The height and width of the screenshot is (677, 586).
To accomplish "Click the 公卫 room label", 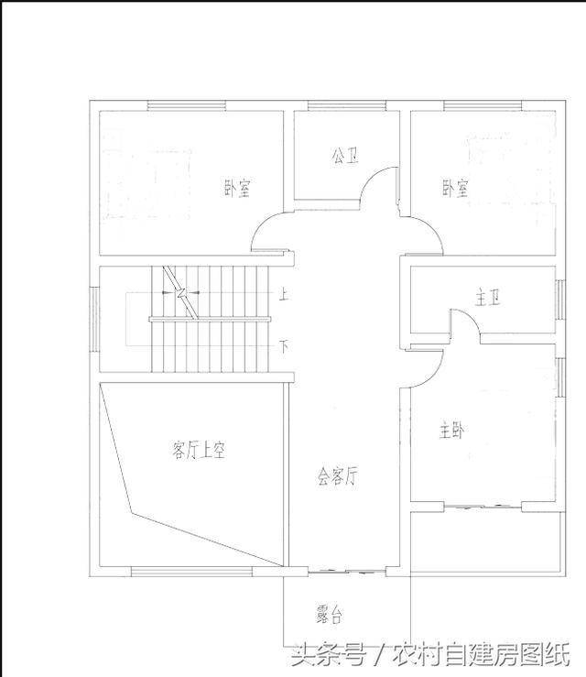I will coord(344,157).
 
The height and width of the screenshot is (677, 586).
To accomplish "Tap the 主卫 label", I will coord(488,299).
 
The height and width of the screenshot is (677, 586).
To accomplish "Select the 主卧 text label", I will coord(450,430).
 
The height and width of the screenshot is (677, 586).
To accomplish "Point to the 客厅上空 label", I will coord(199,450).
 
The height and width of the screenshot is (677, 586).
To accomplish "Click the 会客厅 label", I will coord(338,476).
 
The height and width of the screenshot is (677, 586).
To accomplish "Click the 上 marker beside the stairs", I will coord(284,296).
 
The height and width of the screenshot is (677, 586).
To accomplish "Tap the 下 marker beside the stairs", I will coord(284,346).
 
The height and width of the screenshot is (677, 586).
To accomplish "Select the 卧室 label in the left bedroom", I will coord(237,189).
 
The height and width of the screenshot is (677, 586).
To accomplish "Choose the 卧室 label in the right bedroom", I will coord(455,189).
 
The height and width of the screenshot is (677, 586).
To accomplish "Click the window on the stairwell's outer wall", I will coord(93,318).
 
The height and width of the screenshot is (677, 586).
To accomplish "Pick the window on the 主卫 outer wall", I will coord(559,299).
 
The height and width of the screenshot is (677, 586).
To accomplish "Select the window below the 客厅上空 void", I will coord(180,573).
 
